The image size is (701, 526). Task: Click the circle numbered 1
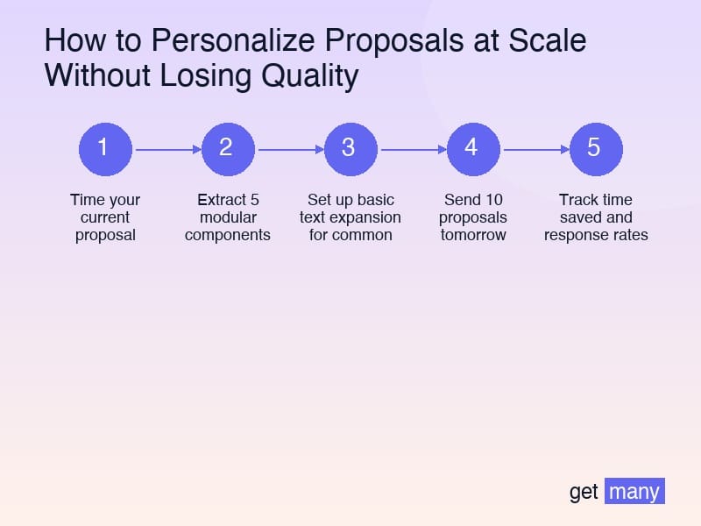[x=105, y=148]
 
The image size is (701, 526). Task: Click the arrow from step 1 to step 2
[x=166, y=149]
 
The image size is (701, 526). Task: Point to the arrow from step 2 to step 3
[x=289, y=149]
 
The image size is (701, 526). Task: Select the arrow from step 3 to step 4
[x=412, y=149]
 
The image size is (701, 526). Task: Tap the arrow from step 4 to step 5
[x=535, y=149]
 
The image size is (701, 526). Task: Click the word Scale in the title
[x=550, y=41]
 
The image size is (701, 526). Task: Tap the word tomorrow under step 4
[x=473, y=235]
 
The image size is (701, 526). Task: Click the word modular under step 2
[x=228, y=217]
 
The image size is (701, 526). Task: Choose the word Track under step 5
[x=577, y=200]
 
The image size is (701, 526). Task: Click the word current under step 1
[x=105, y=217]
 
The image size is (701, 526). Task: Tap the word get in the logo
[x=584, y=492]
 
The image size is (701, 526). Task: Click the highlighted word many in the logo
[x=634, y=491]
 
